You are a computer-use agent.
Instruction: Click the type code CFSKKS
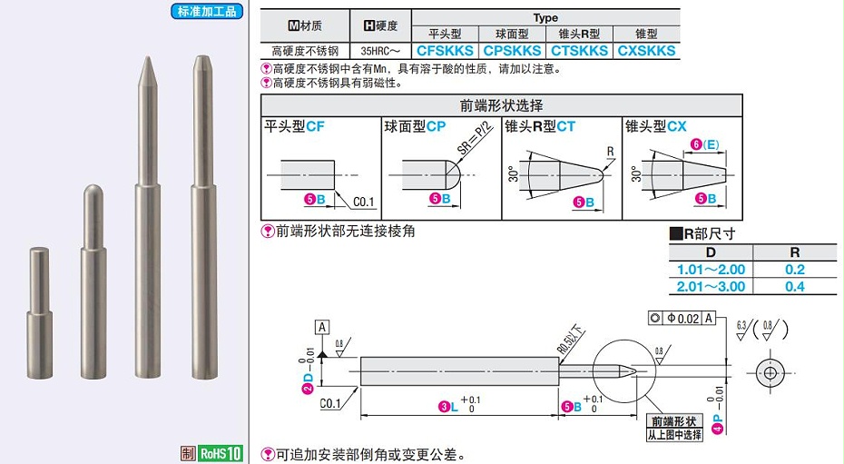tap(447, 51)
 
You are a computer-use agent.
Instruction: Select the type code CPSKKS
tap(512, 51)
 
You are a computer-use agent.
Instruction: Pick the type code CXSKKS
tap(646, 51)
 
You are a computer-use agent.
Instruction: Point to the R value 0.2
tap(795, 270)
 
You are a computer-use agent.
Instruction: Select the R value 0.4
tap(795, 286)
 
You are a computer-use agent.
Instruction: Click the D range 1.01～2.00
tap(711, 270)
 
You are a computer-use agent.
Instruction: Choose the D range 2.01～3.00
tap(711, 286)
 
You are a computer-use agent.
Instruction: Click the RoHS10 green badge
tap(221, 453)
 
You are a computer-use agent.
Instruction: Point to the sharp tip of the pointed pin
tap(144, 60)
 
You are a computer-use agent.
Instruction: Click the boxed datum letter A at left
tap(322, 326)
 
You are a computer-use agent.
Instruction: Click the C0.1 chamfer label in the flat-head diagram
tap(363, 202)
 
